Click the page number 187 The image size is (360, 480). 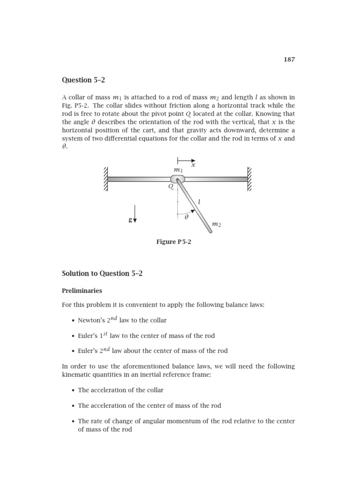pos(289,60)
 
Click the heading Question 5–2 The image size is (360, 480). pos(82,80)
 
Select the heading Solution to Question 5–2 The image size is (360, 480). pos(102,274)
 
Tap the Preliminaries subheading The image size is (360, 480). pos(82,291)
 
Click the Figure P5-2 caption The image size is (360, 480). pos(173,242)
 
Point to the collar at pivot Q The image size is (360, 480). pos(178,179)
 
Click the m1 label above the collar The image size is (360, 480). pos(178,169)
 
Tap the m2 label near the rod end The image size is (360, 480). pos(216,225)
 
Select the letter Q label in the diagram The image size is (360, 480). pos(171,187)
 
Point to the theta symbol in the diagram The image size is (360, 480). pos(186,217)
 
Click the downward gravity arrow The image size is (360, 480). pos(135,214)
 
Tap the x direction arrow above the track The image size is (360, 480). pos(186,160)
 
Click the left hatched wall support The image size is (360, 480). pos(106,179)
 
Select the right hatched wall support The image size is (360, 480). pos(249,179)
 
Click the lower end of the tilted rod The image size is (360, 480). pos(209,230)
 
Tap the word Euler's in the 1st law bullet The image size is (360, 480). pos(89,336)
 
